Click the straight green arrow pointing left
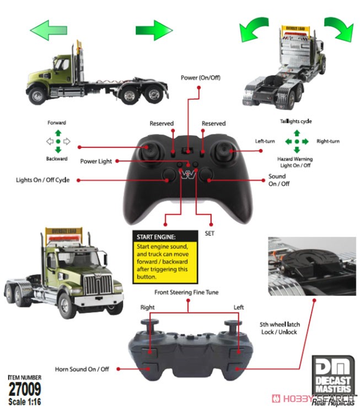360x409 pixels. click(49, 30)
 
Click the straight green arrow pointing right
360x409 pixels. click(154, 30)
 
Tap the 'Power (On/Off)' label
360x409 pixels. click(200, 78)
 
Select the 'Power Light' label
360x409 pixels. click(96, 161)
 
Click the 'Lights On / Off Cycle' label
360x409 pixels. click(43, 180)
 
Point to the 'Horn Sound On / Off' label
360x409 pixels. click(82, 369)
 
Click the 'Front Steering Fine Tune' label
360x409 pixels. click(186, 292)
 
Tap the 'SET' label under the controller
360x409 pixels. click(209, 233)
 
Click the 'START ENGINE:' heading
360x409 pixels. click(156, 237)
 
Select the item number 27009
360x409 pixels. click(25, 389)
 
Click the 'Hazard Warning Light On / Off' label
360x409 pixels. click(295, 162)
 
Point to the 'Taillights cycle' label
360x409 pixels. click(296, 121)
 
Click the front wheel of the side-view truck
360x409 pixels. click(37, 95)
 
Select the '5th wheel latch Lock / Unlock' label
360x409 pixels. click(280, 328)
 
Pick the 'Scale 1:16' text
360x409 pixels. click(24, 402)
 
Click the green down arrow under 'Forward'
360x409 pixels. click(58, 150)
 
